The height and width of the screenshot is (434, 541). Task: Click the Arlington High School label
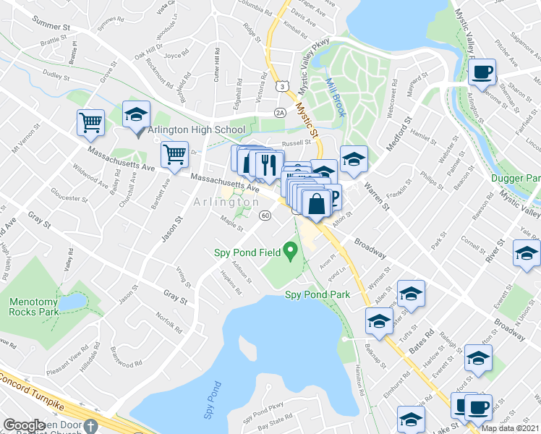196,129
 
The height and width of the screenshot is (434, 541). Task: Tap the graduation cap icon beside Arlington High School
135,116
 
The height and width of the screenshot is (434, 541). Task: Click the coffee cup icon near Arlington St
482,72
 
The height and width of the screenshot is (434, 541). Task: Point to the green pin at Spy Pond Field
291,252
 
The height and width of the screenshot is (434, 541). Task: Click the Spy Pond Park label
317,294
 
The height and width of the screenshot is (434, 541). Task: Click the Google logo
24,425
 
